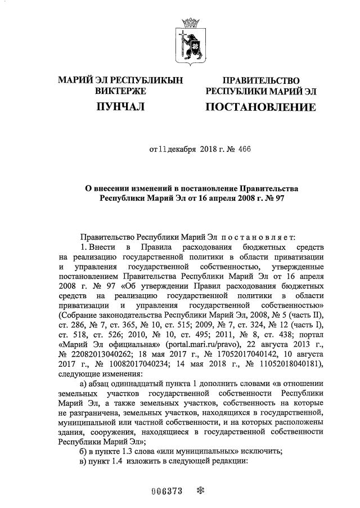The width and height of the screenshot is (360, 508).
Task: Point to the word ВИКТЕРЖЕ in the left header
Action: click(x=121, y=91)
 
